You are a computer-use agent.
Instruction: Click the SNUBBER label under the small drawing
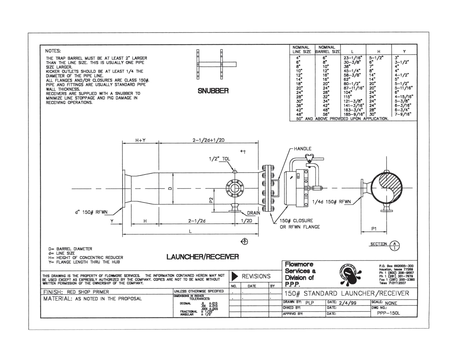tap(213, 91)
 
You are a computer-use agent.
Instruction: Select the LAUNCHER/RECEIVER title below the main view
tap(202, 257)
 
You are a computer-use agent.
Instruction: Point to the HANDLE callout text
tap(303, 149)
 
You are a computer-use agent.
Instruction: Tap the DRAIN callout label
tap(253, 213)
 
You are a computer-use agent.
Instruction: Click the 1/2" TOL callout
tap(220, 159)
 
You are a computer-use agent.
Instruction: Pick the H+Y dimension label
tap(141, 140)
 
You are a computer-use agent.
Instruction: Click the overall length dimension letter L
tap(190, 231)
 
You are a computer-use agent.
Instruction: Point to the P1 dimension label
tap(374, 229)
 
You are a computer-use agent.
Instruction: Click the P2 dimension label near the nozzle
tap(211, 200)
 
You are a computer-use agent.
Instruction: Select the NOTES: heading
tap(53, 51)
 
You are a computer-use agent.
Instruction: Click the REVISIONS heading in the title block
tap(256, 276)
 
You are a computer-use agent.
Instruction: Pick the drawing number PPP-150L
tap(388, 313)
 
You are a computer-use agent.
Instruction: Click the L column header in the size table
tap(352, 51)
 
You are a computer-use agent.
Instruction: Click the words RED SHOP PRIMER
tap(88, 292)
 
